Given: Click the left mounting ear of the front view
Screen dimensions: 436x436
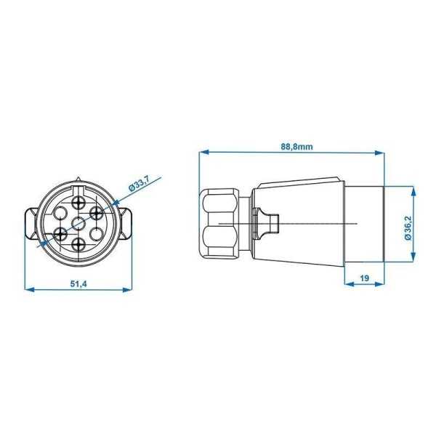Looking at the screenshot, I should pos(32,223).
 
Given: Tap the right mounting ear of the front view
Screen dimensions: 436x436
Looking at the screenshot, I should pos(125,223).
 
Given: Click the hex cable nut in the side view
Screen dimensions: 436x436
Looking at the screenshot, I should pos(219,225).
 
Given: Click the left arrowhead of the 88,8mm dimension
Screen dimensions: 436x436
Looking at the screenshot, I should pos(203,153).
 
